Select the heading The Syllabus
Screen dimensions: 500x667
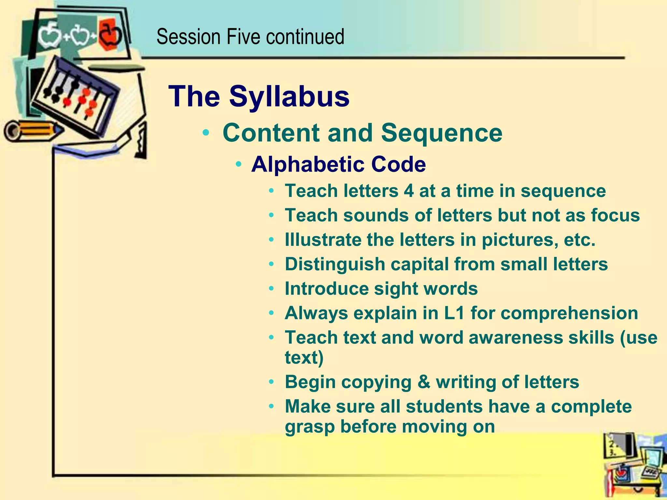pyautogui.click(x=259, y=96)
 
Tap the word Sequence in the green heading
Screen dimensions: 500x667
pyautogui.click(x=442, y=133)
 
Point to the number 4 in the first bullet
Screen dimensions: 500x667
pyautogui.click(x=409, y=191)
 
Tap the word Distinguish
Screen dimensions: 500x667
pyautogui.click(x=335, y=264)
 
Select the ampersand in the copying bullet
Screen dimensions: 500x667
pyautogui.click(x=424, y=382)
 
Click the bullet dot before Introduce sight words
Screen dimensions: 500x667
pyautogui.click(x=272, y=289)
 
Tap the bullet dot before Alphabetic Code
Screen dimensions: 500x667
pyautogui.click(x=239, y=164)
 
